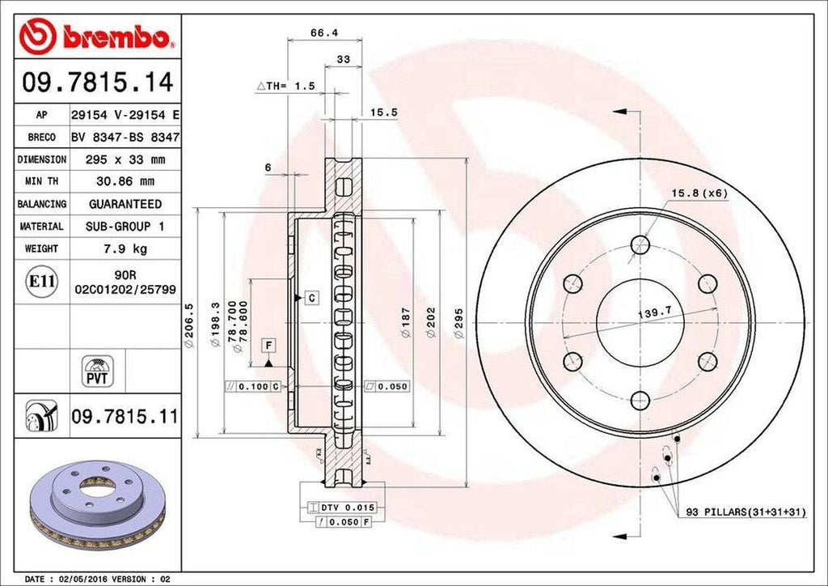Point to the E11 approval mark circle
tap(40, 281)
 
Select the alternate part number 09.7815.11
tap(125, 417)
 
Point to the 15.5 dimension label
tap(383, 113)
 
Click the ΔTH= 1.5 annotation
tap(285, 85)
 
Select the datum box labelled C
tap(310, 299)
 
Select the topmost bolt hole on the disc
tap(640, 244)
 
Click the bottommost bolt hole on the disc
tap(640, 400)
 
